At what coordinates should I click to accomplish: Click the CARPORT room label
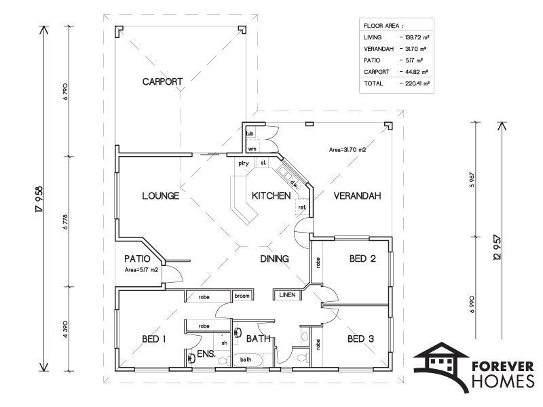(x=162, y=81)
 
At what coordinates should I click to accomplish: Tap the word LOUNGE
(x=161, y=196)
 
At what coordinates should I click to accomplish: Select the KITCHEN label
(x=271, y=196)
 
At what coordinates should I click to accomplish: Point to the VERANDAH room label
(x=358, y=196)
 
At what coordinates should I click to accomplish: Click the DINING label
(x=275, y=258)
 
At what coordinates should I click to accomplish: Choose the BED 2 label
(x=362, y=258)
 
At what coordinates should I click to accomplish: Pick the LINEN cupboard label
(x=287, y=295)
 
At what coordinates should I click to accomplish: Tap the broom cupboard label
(x=242, y=296)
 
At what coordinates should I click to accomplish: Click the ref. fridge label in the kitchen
(x=302, y=208)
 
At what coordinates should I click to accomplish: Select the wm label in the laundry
(x=252, y=149)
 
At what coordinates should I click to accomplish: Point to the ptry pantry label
(x=244, y=163)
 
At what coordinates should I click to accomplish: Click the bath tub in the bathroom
(x=247, y=360)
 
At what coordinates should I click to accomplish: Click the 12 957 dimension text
(x=498, y=248)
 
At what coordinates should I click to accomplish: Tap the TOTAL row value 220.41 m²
(x=417, y=83)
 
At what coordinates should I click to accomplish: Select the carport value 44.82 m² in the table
(x=417, y=72)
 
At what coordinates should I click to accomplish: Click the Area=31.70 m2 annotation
(x=348, y=150)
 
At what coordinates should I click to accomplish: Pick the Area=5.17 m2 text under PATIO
(x=141, y=270)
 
